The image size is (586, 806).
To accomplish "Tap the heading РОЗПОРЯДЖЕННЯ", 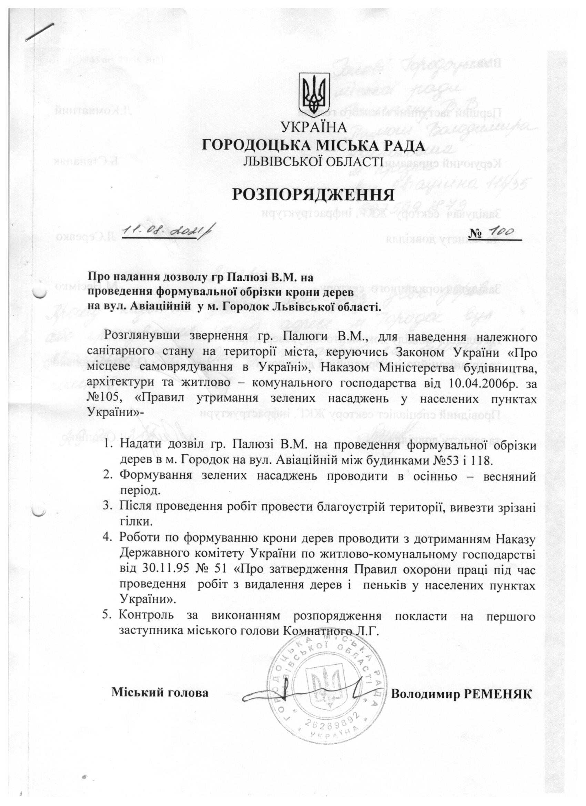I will point(314,195).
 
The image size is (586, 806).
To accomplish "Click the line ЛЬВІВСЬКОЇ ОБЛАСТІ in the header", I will point(313,162).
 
